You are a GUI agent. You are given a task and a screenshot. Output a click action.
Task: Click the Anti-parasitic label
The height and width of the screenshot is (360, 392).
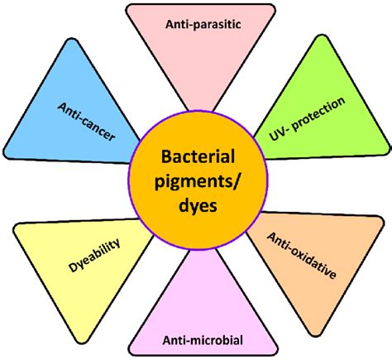(x=203, y=24)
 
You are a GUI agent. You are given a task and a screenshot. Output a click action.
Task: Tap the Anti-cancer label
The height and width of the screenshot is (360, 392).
(x=86, y=122)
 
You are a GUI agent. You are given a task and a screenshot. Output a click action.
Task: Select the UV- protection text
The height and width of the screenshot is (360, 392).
(x=307, y=118)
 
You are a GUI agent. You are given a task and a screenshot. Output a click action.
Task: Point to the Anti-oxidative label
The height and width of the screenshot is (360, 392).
(x=302, y=255)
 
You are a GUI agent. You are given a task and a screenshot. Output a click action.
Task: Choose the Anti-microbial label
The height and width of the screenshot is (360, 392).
(x=203, y=340)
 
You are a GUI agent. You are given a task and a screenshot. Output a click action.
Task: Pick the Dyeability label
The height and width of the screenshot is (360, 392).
(x=94, y=256)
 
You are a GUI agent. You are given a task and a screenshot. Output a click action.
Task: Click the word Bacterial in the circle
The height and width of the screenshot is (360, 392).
(x=198, y=156)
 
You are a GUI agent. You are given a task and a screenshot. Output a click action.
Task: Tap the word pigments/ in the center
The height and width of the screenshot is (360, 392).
(x=198, y=183)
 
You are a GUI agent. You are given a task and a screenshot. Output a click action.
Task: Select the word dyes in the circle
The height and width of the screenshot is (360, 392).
(x=198, y=206)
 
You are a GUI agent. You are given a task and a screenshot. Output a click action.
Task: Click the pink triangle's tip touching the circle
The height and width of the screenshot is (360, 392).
(x=201, y=110)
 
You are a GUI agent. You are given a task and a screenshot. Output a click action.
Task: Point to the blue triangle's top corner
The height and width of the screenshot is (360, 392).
(x=72, y=39)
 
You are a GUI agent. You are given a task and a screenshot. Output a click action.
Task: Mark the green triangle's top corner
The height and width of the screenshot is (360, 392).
(x=323, y=36)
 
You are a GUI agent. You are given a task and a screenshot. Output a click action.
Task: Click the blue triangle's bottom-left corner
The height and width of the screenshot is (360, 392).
(x=5, y=155)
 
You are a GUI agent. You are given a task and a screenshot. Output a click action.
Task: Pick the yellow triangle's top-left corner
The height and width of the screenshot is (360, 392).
(x=15, y=226)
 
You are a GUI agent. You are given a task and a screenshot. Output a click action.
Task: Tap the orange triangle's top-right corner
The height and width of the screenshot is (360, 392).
(x=383, y=218)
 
